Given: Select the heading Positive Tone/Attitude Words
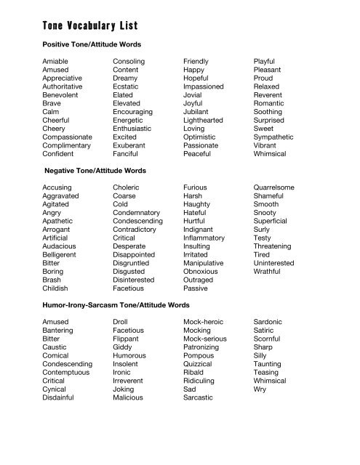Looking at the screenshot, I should pyautogui.click(x=94, y=45).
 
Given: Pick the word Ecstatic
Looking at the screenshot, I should pyautogui.click(x=127, y=94).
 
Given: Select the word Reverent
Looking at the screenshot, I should pyautogui.click(x=268, y=94).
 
